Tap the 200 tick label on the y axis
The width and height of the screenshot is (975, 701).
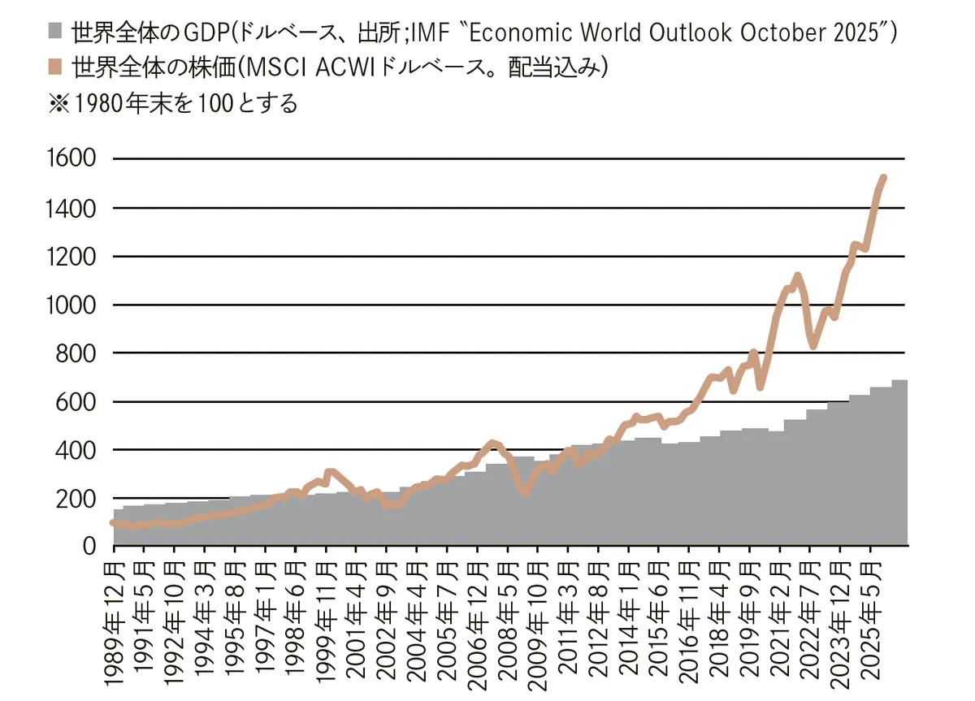(x=80, y=498)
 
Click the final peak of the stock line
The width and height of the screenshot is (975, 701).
(x=883, y=177)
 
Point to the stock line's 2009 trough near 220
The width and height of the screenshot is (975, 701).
(x=525, y=493)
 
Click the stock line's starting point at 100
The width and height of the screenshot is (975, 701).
(x=113, y=522)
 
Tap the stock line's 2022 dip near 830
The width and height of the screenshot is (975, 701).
(x=812, y=346)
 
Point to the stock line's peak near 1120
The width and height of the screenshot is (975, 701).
(x=797, y=276)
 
